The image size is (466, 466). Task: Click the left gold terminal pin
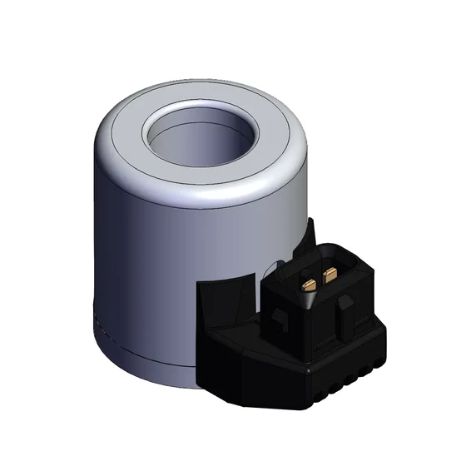point(310,284)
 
